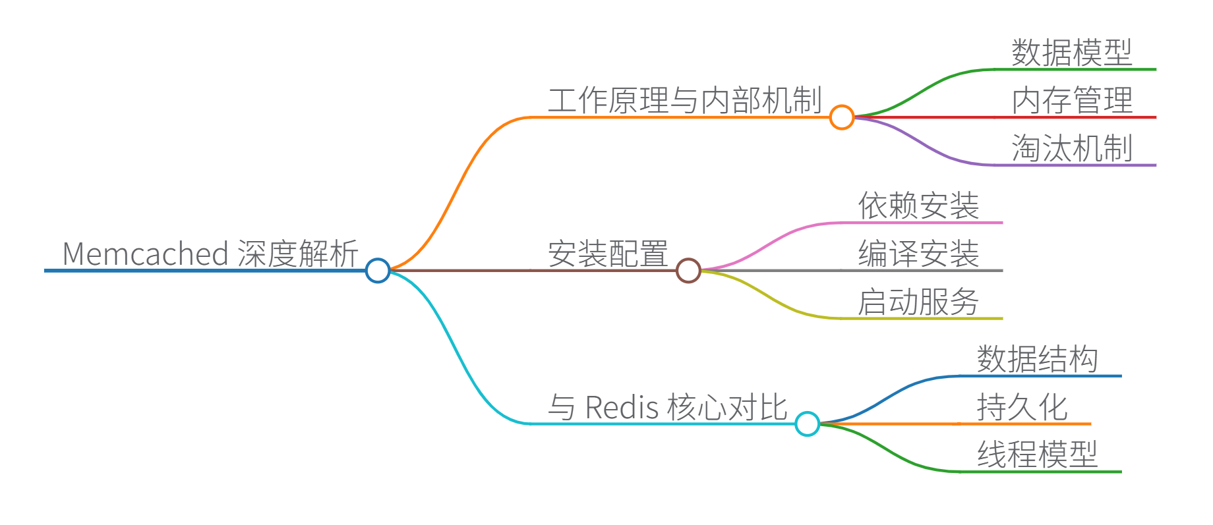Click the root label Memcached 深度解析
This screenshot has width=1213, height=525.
pos(210,254)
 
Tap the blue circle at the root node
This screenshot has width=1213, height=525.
pos(378,270)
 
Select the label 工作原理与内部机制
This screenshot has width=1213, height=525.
pos(684,101)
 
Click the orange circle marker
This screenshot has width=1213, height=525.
pos(842,117)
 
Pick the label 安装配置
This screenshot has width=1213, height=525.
pos(608,254)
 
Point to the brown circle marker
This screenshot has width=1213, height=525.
pos(688,270)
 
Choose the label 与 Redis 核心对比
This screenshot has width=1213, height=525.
pos(667,407)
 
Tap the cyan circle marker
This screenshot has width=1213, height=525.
pos(807,424)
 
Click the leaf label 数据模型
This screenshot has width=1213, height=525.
pos(1072,53)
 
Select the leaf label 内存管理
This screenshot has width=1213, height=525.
pos(1072,101)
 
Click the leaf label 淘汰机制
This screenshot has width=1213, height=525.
pos(1072,148)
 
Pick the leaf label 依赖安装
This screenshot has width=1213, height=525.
pos(918,206)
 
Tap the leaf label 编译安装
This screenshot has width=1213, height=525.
pos(918,254)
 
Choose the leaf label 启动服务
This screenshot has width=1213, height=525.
pos(918,302)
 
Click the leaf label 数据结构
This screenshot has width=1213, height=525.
pos(1037,359)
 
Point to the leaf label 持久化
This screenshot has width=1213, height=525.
pos(1022,407)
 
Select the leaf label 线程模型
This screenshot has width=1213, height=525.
pos(1037,455)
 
